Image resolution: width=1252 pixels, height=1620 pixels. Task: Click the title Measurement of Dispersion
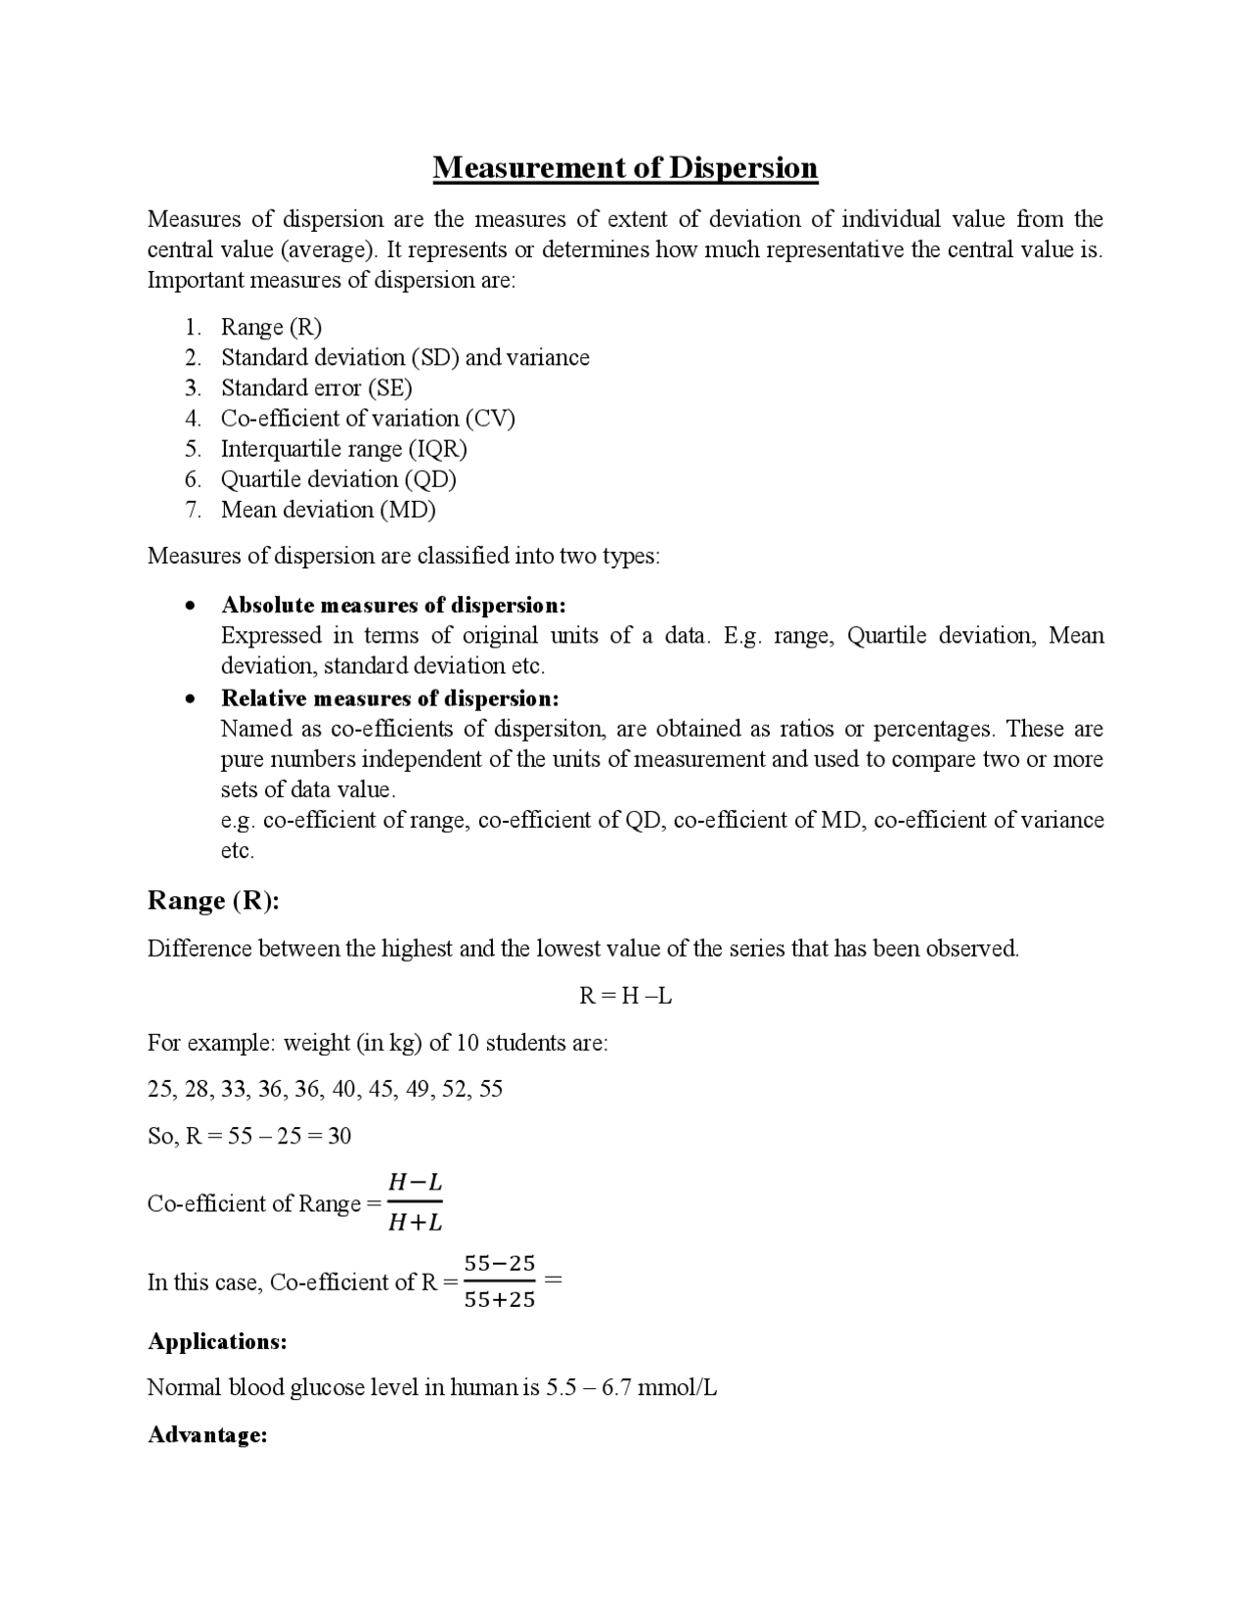pos(625,167)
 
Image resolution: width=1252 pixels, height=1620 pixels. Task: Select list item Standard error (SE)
pos(316,387)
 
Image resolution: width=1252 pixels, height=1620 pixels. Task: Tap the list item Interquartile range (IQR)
pos(343,449)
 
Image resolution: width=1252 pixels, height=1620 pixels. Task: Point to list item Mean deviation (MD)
pos(328,510)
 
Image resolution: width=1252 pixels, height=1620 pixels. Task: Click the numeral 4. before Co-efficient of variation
pos(193,419)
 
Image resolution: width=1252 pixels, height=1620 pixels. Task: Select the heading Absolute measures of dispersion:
pos(393,605)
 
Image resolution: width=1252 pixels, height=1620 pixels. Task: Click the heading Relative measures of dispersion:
pos(389,697)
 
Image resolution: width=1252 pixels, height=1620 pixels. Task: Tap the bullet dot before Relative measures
pos(190,698)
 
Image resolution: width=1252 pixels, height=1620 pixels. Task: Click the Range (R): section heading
pos(213,900)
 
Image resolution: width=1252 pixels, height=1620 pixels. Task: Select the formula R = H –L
pos(625,996)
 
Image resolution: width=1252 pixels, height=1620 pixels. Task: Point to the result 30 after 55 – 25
pos(339,1136)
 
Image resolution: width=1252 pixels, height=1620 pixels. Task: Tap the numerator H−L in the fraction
pos(415,1183)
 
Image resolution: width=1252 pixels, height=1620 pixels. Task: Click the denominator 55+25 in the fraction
pos(499,1300)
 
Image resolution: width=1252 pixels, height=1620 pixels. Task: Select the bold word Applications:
pos(217,1341)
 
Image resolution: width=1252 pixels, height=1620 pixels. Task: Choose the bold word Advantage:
pos(207,1435)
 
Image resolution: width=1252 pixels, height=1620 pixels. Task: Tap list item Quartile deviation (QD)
pos(338,479)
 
